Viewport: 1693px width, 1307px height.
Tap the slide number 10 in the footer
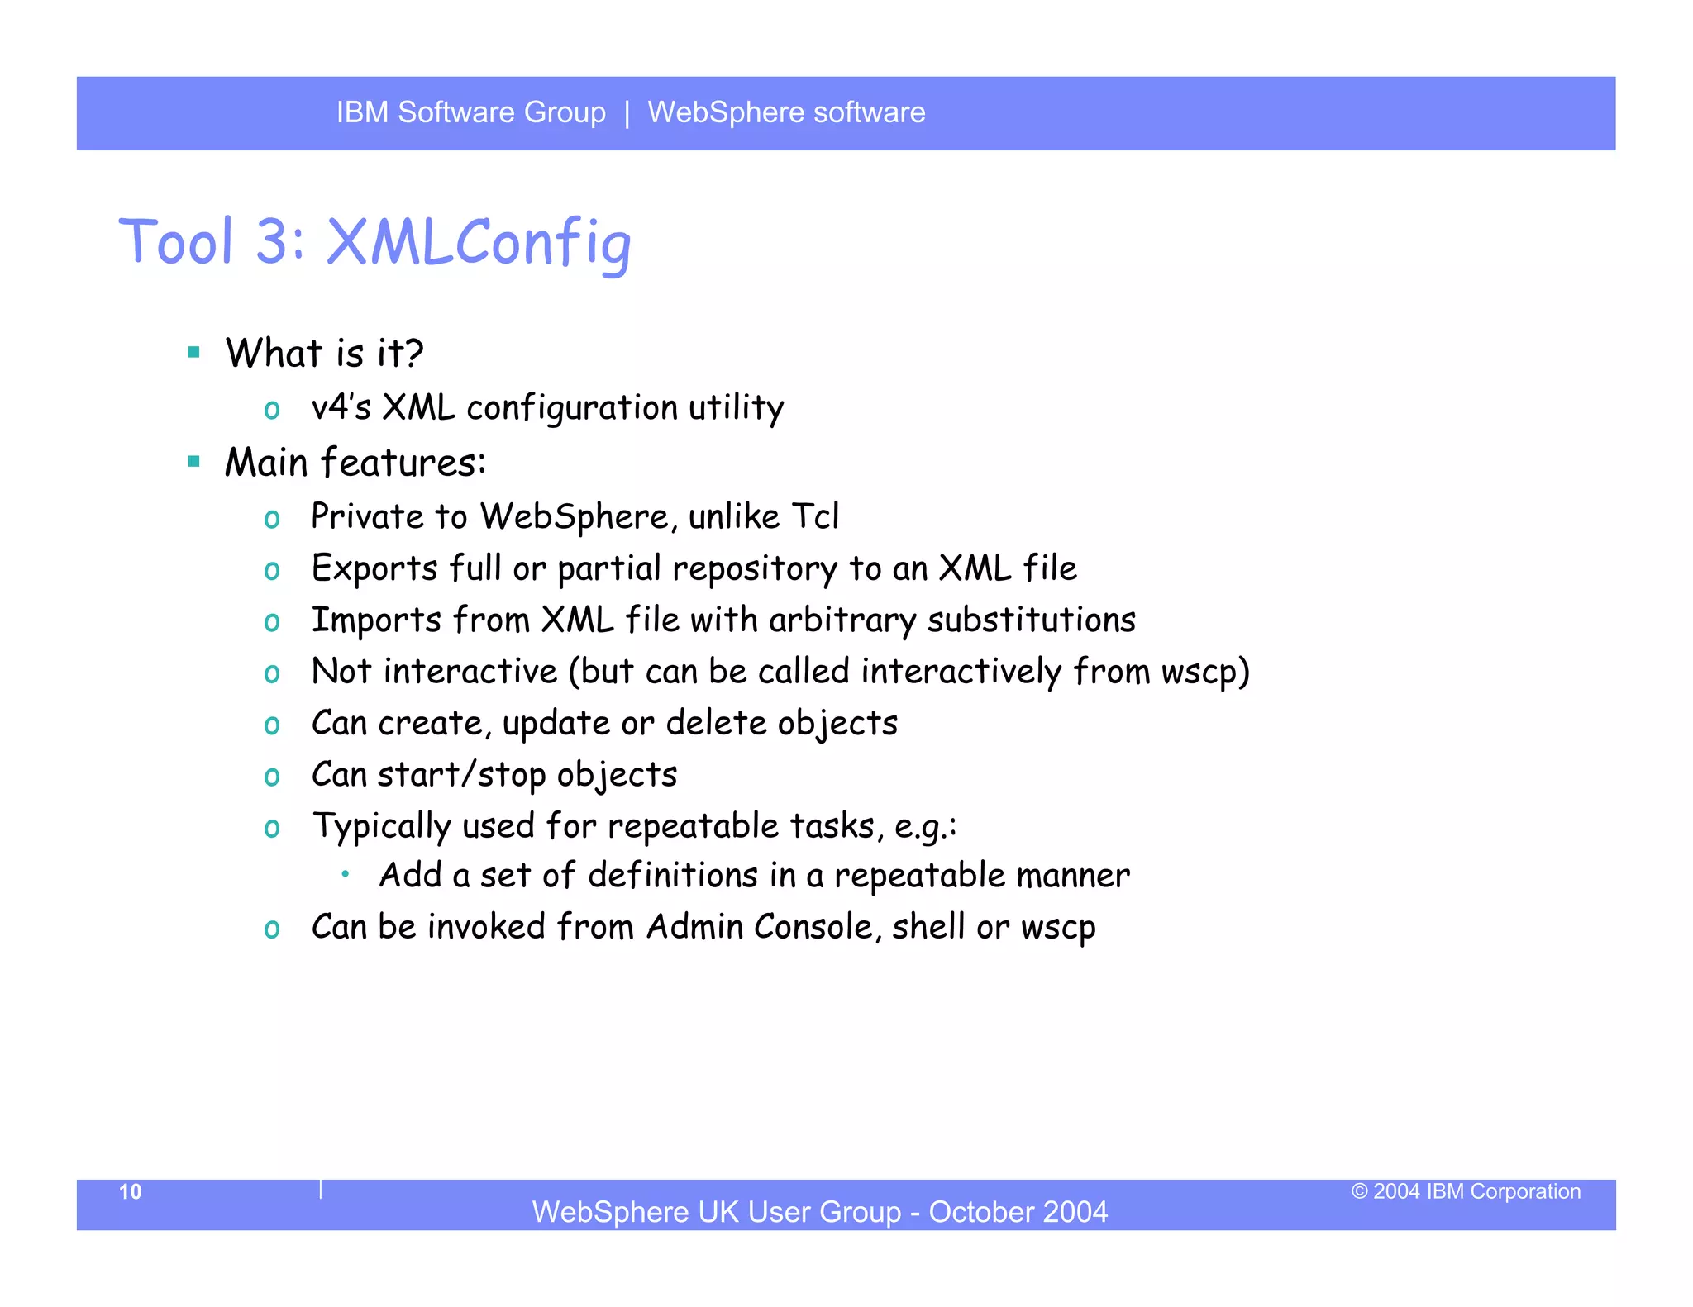pyautogui.click(x=130, y=1191)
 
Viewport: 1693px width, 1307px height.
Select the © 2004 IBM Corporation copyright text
pyautogui.click(x=1466, y=1191)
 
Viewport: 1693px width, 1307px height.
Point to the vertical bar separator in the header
pyautogui.click(x=627, y=112)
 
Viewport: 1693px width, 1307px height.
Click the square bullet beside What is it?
pyautogui.click(x=194, y=353)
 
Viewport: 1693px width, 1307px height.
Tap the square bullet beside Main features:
pyautogui.click(x=194, y=462)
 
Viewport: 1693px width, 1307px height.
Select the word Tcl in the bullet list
pyautogui.click(x=815, y=516)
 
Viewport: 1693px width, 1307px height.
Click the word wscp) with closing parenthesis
pyautogui.click(x=1204, y=672)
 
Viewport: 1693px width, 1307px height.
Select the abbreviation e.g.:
pyautogui.click(x=926, y=827)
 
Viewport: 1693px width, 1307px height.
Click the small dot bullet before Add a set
pyautogui.click(x=346, y=873)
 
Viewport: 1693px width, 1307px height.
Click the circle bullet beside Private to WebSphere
pyautogui.click(x=272, y=520)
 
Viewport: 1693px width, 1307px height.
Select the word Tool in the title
pyautogui.click(x=176, y=242)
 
